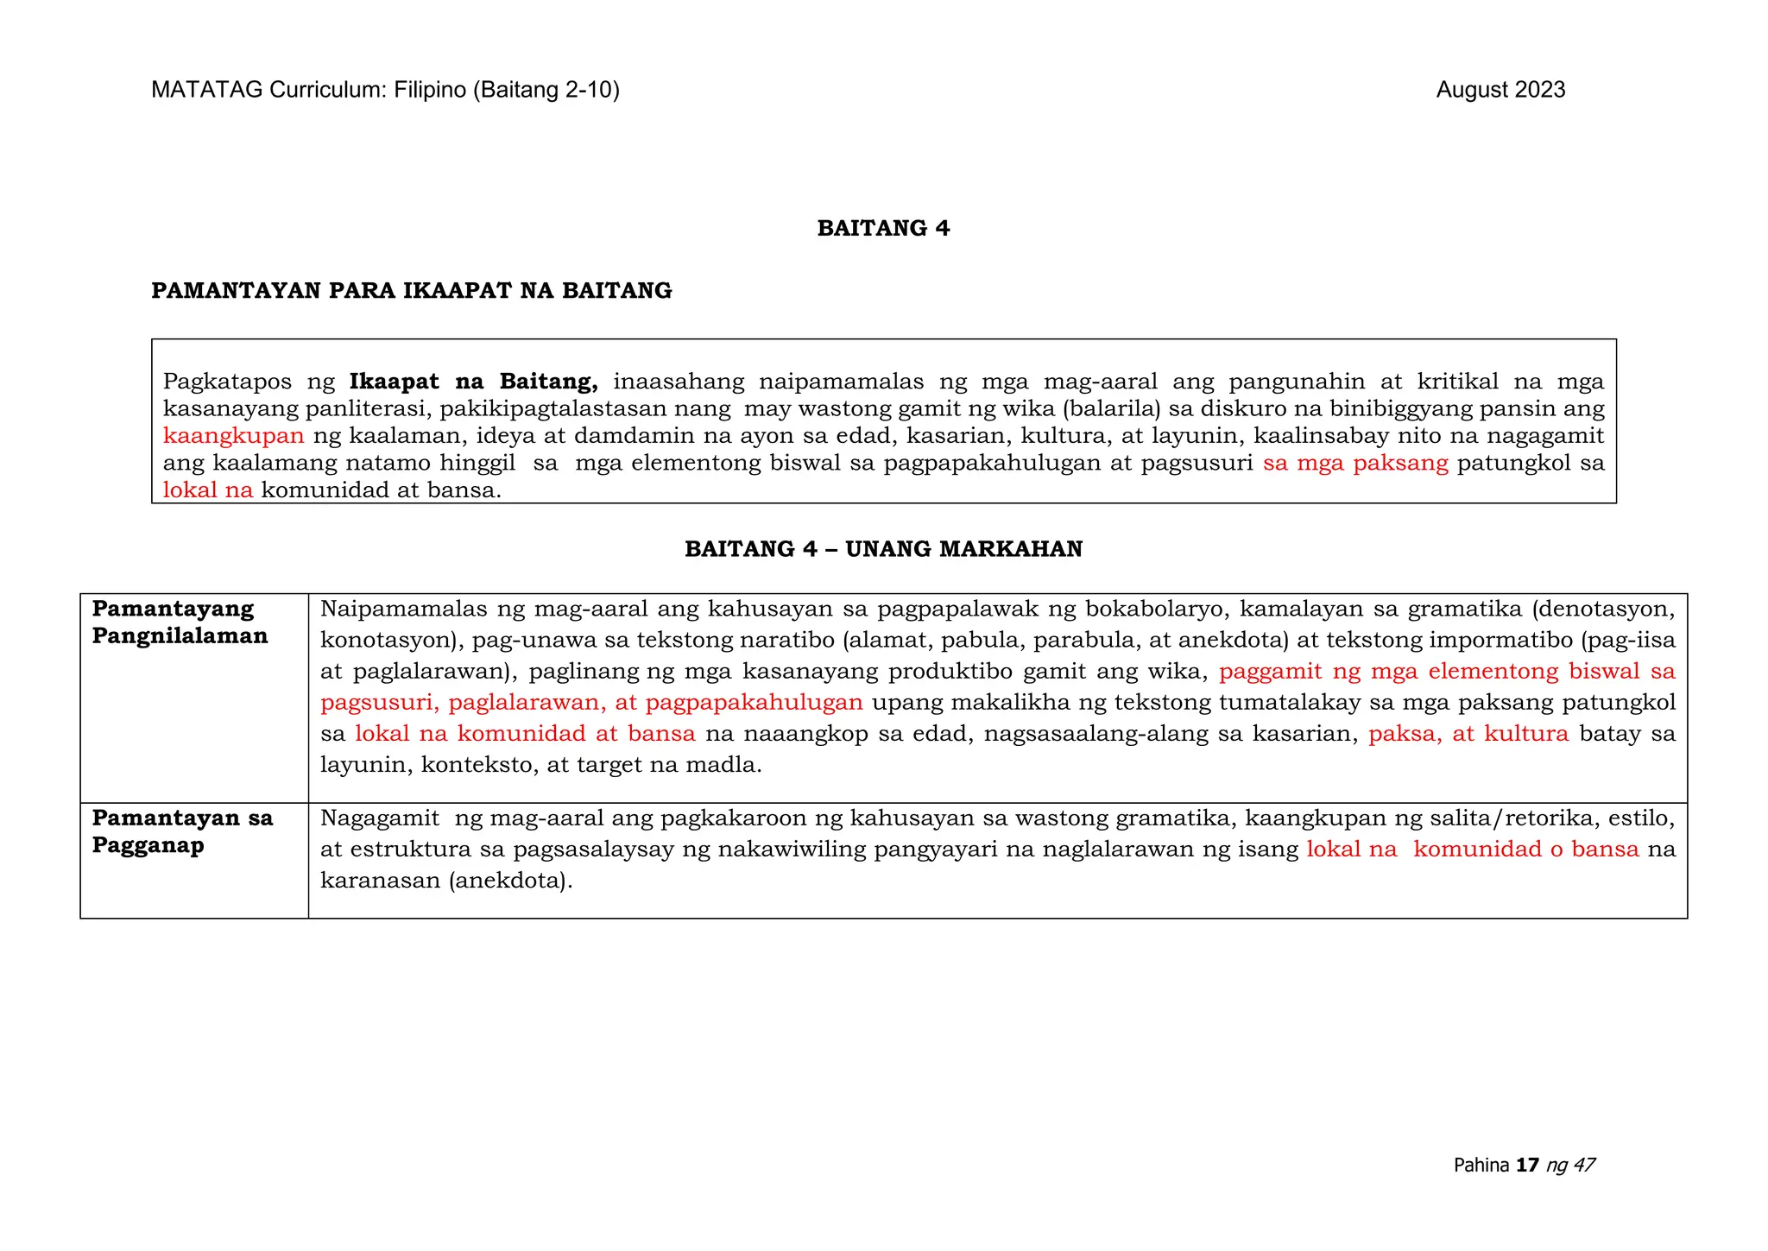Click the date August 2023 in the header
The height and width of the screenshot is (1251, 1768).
point(1500,91)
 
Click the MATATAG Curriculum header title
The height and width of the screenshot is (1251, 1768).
point(385,91)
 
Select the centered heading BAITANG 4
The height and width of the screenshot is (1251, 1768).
point(883,229)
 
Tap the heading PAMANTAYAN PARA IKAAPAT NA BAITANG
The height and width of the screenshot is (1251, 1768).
point(411,291)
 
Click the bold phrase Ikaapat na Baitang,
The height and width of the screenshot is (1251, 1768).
point(473,382)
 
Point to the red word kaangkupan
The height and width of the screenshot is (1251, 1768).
point(233,436)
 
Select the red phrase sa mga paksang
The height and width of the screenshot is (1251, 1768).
point(1354,464)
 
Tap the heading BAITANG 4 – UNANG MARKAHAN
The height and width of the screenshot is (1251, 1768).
point(883,550)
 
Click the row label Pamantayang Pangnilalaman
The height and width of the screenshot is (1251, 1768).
point(180,622)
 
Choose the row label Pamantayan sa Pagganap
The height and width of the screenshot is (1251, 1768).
point(182,831)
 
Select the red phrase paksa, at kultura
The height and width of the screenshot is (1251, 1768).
point(1468,734)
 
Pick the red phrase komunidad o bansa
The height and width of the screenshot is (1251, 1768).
point(1525,850)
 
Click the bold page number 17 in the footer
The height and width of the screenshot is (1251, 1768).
point(1527,1166)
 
